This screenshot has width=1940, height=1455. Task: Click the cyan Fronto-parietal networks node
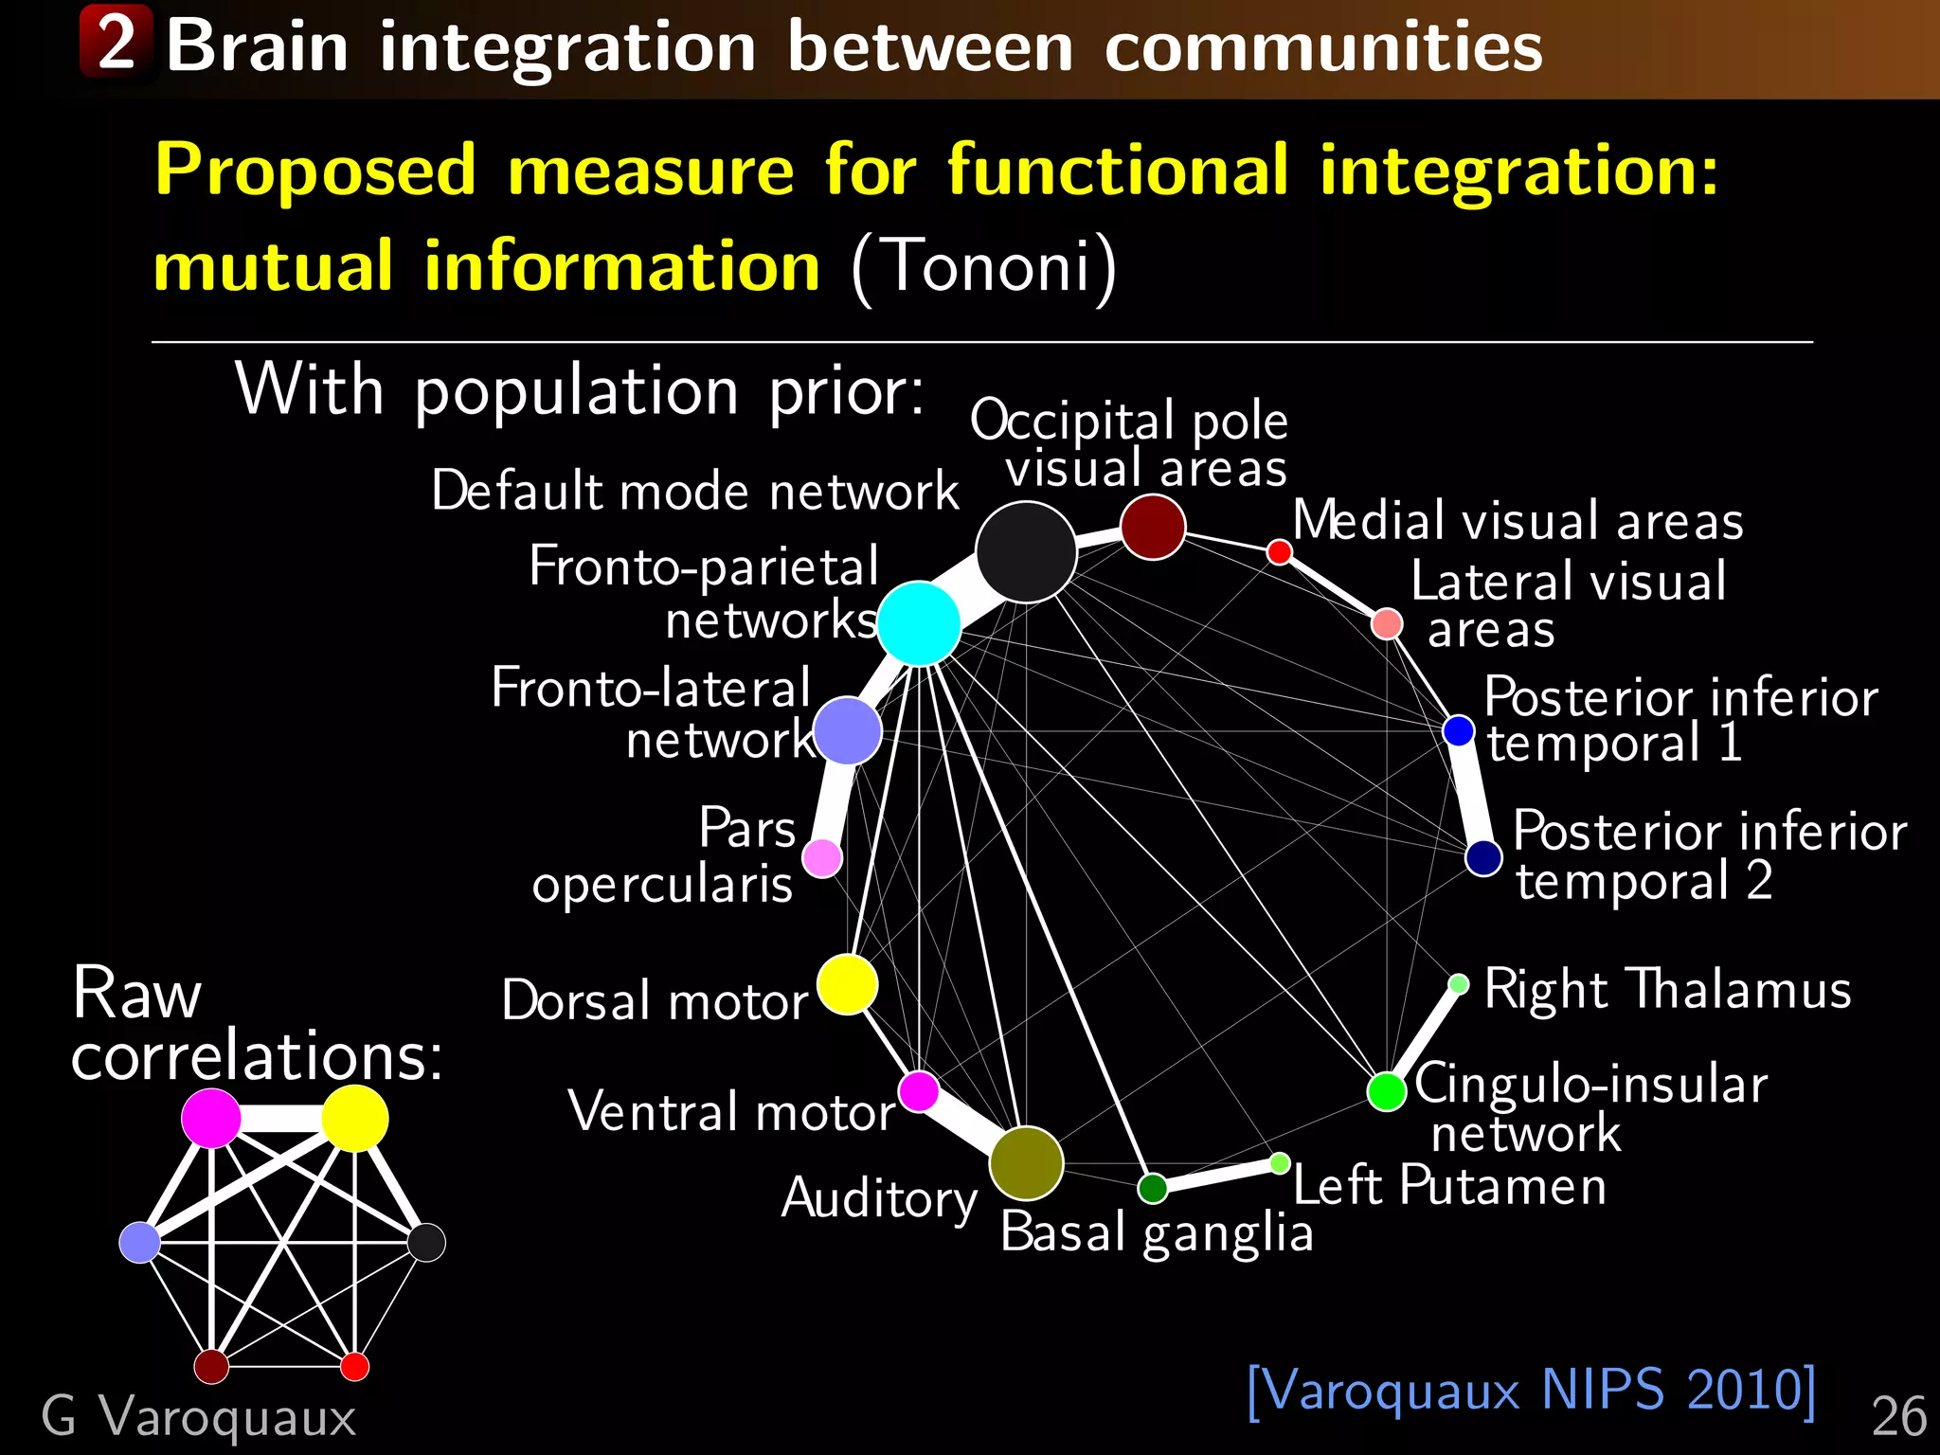click(919, 623)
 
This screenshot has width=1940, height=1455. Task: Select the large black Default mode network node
click(1026, 552)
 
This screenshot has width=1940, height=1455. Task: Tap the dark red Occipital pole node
click(1153, 527)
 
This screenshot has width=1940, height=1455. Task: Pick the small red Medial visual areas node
click(1279, 551)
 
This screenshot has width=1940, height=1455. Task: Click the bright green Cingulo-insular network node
click(1387, 1091)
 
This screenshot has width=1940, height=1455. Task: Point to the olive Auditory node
click(1026, 1163)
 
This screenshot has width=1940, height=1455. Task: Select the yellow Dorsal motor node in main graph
click(847, 984)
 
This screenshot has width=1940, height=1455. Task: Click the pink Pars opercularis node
click(822, 858)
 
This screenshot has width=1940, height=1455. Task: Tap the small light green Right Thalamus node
click(1459, 984)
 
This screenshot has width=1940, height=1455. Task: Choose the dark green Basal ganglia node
click(1153, 1188)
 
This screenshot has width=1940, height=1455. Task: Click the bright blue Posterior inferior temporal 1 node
click(1459, 730)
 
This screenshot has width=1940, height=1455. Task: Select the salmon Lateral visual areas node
click(1387, 623)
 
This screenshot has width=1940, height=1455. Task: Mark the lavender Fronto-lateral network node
click(848, 731)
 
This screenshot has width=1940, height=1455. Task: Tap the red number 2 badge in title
click(116, 42)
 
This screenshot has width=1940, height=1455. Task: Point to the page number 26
click(1898, 1417)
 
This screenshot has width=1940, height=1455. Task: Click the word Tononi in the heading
click(984, 266)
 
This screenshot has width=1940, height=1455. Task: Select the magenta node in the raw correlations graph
click(211, 1118)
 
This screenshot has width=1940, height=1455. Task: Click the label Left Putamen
click(1449, 1185)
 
